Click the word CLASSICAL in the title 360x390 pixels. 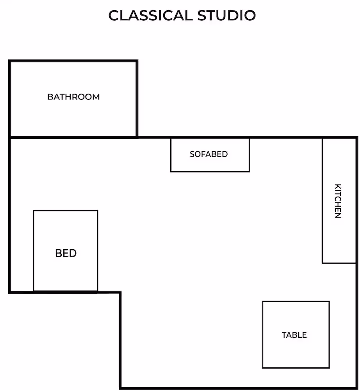(x=151, y=16)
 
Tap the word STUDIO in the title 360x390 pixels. (x=226, y=16)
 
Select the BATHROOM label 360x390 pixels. (x=73, y=97)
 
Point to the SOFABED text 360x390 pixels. (x=209, y=154)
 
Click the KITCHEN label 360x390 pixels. (x=338, y=201)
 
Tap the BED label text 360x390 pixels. (x=66, y=253)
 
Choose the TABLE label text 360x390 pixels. (x=294, y=335)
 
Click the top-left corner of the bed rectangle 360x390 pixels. (x=34, y=211)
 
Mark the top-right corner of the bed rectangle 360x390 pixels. (x=98, y=211)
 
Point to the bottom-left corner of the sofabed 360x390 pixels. (x=171, y=172)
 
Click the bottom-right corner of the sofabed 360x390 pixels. (x=249, y=172)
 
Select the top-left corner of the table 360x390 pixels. (x=263, y=302)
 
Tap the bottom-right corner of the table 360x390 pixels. (x=329, y=368)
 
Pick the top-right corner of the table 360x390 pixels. (x=329, y=302)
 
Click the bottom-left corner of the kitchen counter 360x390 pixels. (x=323, y=263)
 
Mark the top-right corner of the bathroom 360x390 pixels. (x=137, y=61)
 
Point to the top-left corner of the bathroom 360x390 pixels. (x=10, y=61)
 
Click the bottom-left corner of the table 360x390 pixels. (x=263, y=368)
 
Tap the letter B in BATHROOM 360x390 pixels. (x=50, y=97)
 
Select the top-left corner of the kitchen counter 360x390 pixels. (x=323, y=138)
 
